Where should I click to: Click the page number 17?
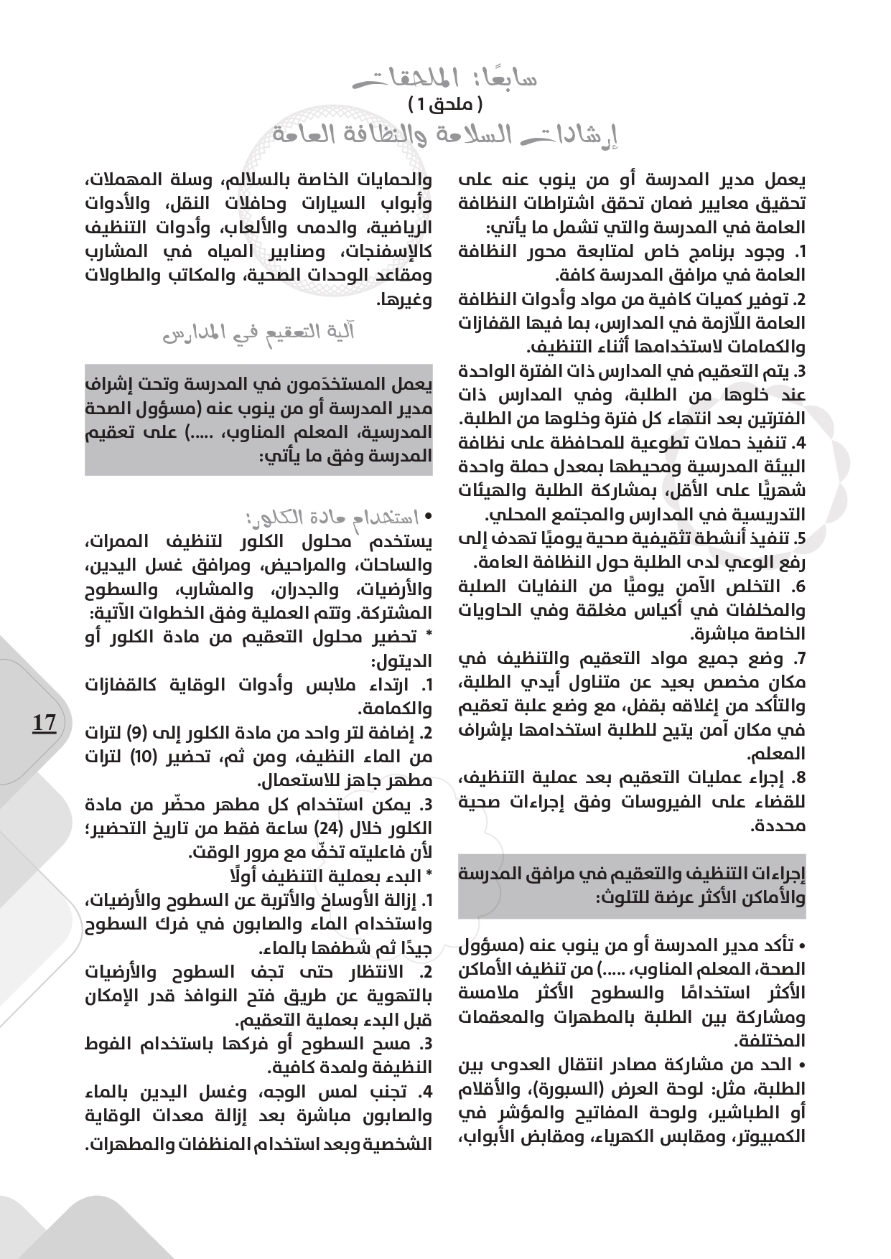click(45, 723)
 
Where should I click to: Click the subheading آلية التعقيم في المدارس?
click(259, 333)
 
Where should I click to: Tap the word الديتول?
click(402, 661)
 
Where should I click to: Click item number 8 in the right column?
click(798, 778)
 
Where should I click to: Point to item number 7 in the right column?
click(798, 658)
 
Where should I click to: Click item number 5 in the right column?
click(798, 538)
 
